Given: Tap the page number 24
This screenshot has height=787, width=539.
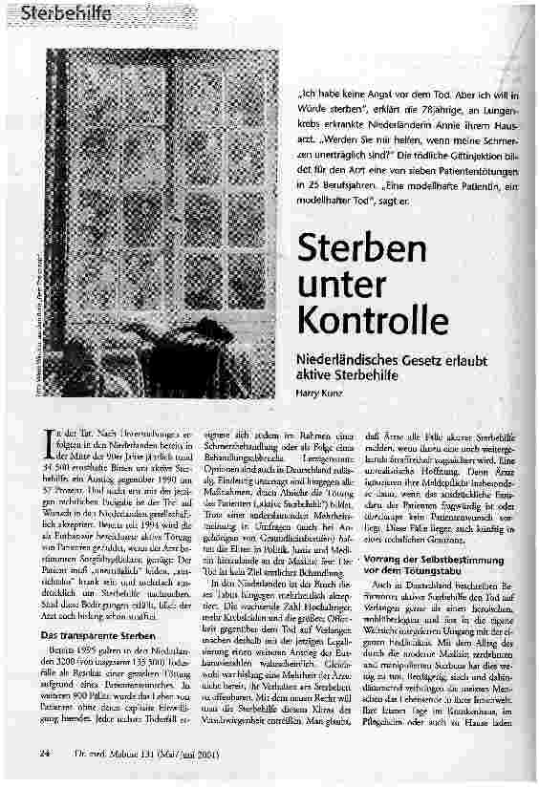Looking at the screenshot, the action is tap(45, 754).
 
